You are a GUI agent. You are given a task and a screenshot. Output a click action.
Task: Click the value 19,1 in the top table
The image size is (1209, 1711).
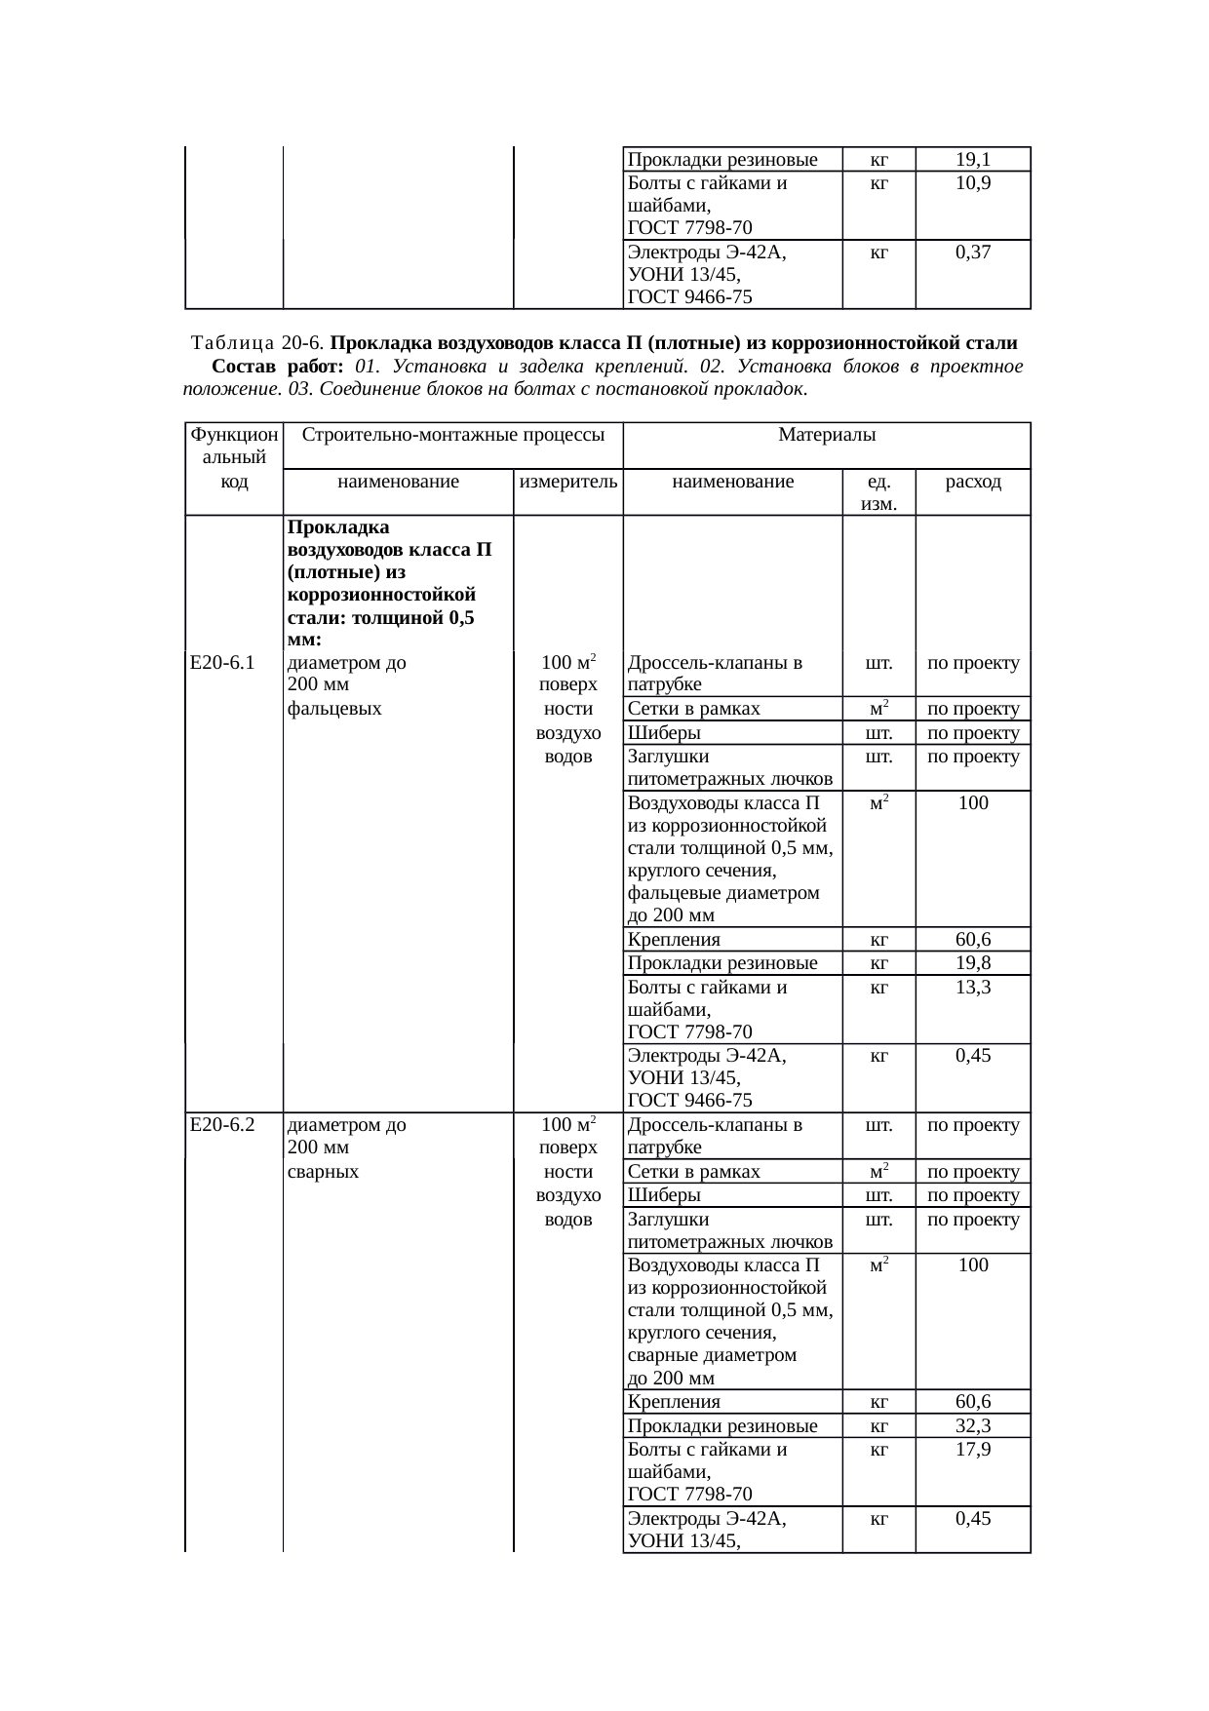tap(973, 160)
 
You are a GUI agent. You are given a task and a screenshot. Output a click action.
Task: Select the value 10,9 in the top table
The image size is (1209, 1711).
tap(973, 183)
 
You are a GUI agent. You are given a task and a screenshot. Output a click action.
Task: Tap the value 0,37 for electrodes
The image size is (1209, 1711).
tap(973, 253)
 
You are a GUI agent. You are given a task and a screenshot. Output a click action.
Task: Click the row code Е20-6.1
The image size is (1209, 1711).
tap(223, 664)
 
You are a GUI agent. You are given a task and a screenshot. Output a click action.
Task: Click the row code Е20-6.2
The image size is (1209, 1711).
tap(223, 1125)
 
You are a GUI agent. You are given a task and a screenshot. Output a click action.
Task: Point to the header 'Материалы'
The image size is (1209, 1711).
tap(827, 434)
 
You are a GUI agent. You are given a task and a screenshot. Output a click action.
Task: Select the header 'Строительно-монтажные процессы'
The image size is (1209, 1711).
tap(452, 434)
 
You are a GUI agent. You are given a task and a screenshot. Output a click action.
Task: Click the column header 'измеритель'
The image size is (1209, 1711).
tap(568, 482)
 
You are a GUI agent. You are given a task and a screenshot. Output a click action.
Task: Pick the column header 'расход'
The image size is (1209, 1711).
tap(973, 482)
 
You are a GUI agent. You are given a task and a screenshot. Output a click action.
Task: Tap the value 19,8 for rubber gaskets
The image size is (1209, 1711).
tap(973, 964)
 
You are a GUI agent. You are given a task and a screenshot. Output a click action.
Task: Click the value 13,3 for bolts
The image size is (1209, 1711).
tap(973, 988)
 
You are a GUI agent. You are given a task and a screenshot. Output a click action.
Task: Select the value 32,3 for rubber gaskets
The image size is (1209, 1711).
tap(973, 1426)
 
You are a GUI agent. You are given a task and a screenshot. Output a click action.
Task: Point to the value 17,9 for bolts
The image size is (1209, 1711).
tap(973, 1450)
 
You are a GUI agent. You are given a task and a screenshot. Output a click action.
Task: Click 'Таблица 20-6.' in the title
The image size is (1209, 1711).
tap(258, 343)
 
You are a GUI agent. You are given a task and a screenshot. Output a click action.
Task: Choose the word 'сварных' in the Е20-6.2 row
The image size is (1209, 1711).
tap(324, 1172)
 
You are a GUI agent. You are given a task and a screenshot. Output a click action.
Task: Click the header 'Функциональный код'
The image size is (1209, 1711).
tap(234, 457)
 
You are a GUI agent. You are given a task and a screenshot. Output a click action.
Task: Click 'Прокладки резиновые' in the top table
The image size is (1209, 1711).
tap(722, 160)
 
